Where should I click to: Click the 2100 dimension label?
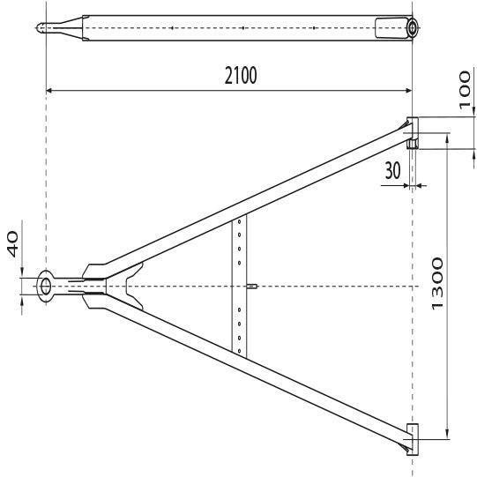click(241, 76)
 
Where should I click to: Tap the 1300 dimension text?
click(437, 284)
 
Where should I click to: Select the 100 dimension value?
click(465, 90)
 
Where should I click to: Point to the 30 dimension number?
click(392, 170)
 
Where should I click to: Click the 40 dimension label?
click(12, 244)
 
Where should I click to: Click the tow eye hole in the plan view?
click(46, 287)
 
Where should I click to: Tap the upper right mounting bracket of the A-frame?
click(413, 133)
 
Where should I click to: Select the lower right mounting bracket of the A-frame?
click(413, 439)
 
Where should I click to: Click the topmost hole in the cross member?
click(240, 222)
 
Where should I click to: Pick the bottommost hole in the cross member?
click(240, 351)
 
